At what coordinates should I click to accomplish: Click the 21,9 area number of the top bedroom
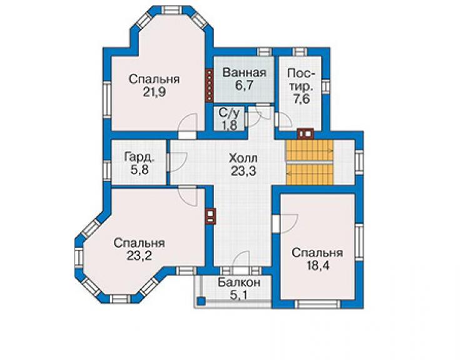155,92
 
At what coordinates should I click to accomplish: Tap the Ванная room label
244,73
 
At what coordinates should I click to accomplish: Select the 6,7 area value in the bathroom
244,85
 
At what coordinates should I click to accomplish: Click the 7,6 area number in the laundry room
302,99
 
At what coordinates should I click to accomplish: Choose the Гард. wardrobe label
139,157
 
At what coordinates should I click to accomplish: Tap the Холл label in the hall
243,158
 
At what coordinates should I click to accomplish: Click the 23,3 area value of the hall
243,171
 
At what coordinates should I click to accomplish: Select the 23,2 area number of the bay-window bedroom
140,255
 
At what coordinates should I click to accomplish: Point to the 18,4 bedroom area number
317,265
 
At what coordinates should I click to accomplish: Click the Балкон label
239,282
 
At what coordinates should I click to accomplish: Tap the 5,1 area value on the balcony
239,295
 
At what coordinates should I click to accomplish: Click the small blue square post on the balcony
201,301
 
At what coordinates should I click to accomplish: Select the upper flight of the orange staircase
309,150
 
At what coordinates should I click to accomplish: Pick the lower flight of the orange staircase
309,174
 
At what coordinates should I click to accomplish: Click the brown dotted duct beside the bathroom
210,86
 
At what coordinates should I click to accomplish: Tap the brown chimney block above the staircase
305,133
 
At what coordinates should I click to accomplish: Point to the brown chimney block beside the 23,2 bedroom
210,217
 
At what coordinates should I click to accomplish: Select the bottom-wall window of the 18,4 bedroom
318,304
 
